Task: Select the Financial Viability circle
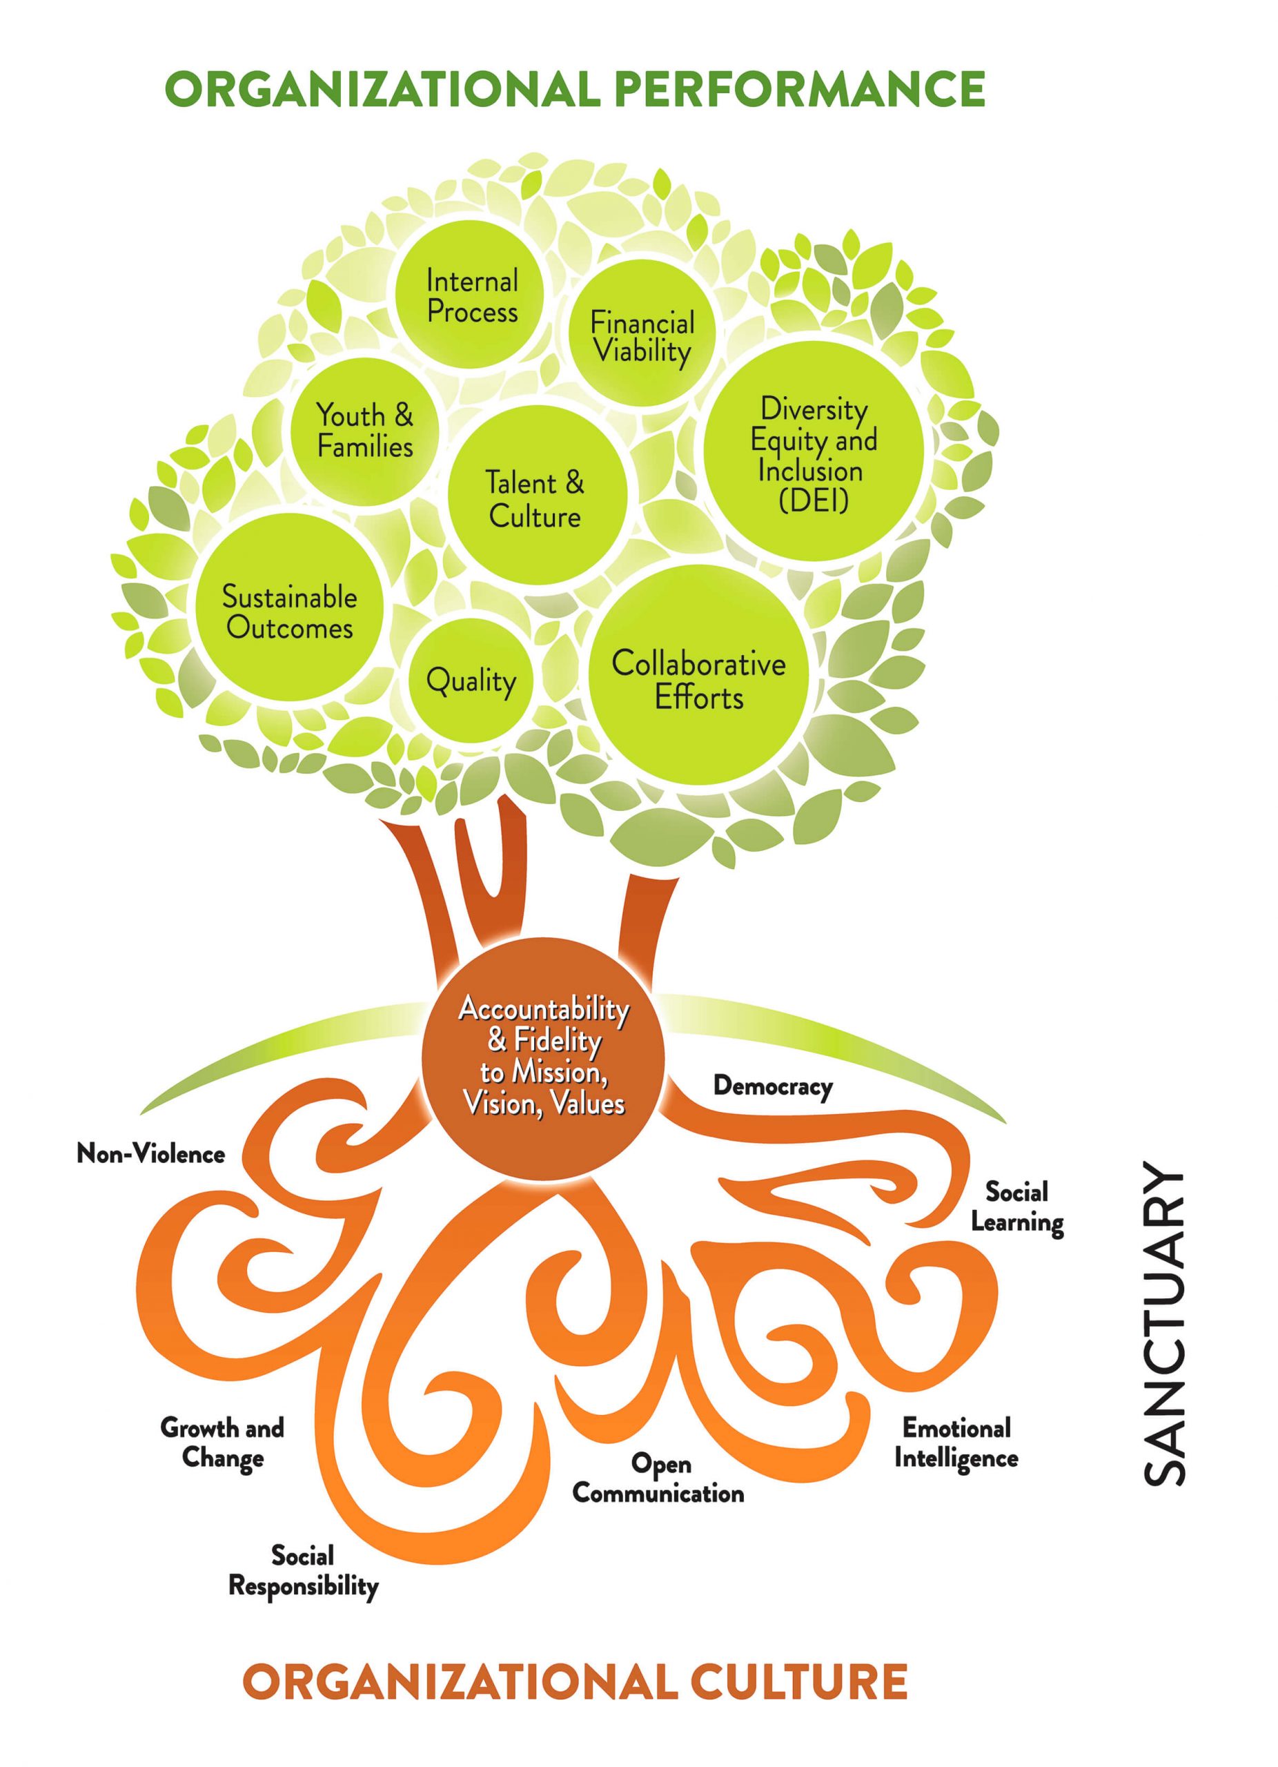(641, 335)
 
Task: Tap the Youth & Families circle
(364, 430)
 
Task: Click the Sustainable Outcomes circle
(289, 612)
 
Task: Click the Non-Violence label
(151, 1154)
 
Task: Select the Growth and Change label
(222, 1443)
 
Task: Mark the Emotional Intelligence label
(956, 1443)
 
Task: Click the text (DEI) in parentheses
(813, 500)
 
